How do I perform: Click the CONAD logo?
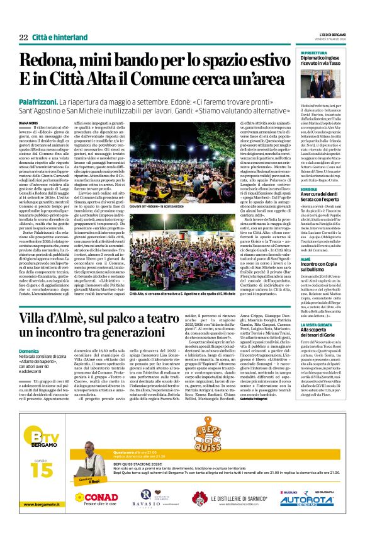pos(96,497)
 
